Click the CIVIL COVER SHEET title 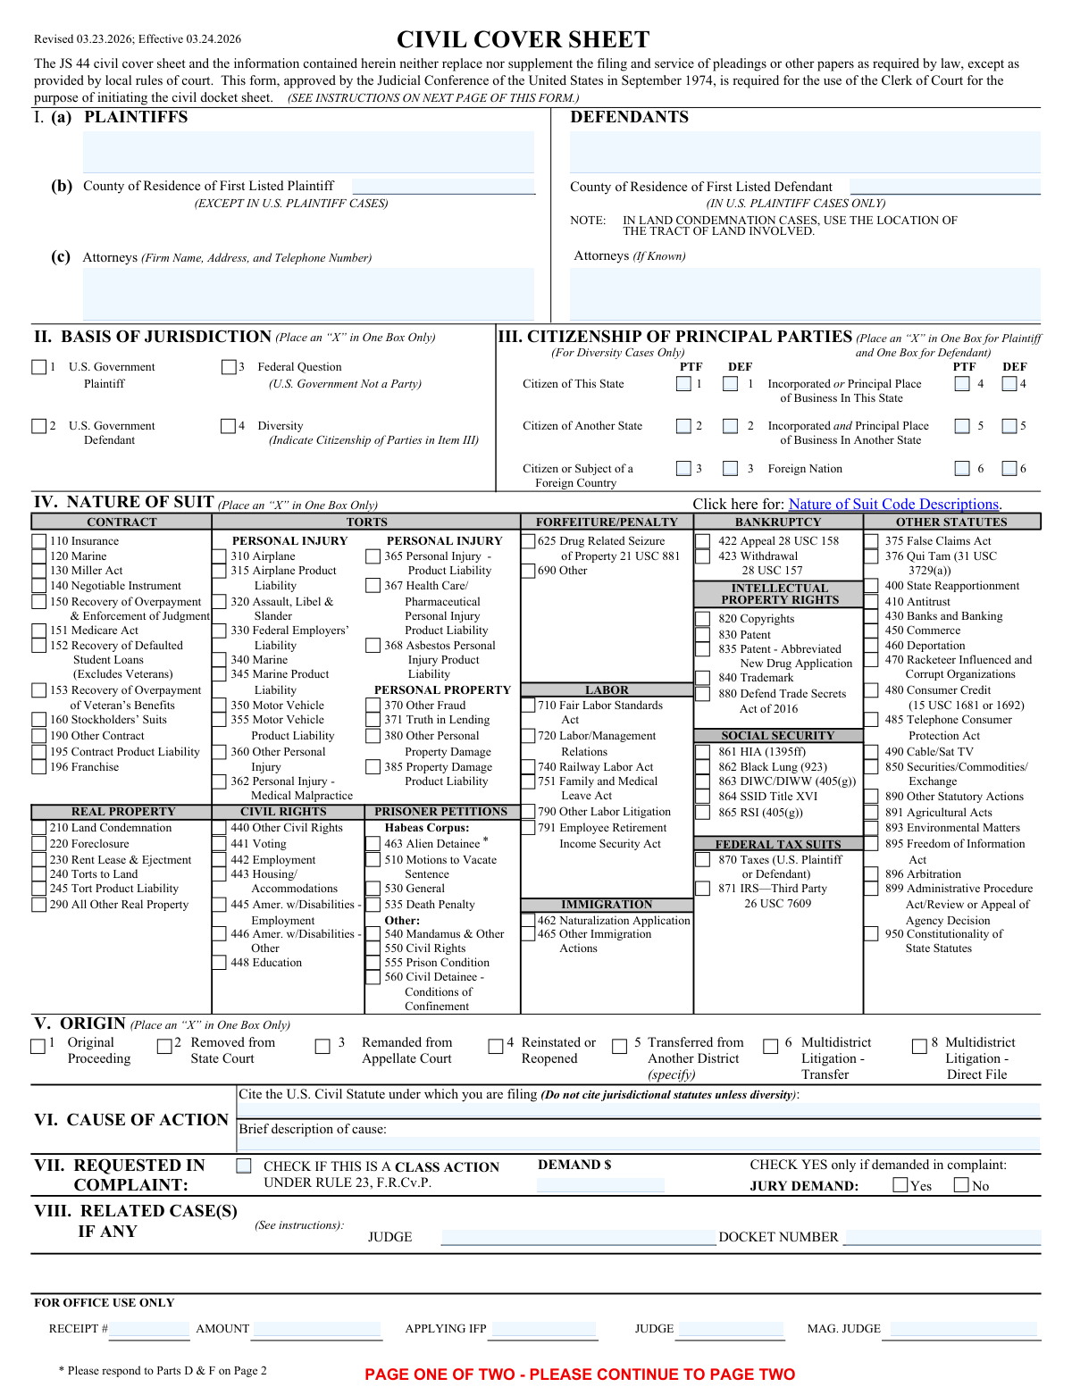point(523,40)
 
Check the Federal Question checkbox point(229,367)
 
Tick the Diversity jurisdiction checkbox point(229,426)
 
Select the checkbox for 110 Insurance point(39,541)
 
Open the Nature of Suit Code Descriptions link point(894,505)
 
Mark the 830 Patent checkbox point(703,635)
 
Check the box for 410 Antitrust point(871,601)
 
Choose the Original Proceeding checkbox point(38,1046)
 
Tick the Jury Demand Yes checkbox point(900,1185)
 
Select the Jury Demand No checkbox point(961,1185)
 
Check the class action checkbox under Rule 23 point(244,1166)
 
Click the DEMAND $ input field point(600,1185)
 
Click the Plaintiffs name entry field point(308,152)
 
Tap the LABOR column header point(607,690)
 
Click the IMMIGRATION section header point(607,905)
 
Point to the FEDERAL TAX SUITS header point(777,844)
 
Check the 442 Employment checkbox point(219,860)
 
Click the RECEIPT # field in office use point(149,1330)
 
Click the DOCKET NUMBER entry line point(942,1238)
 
